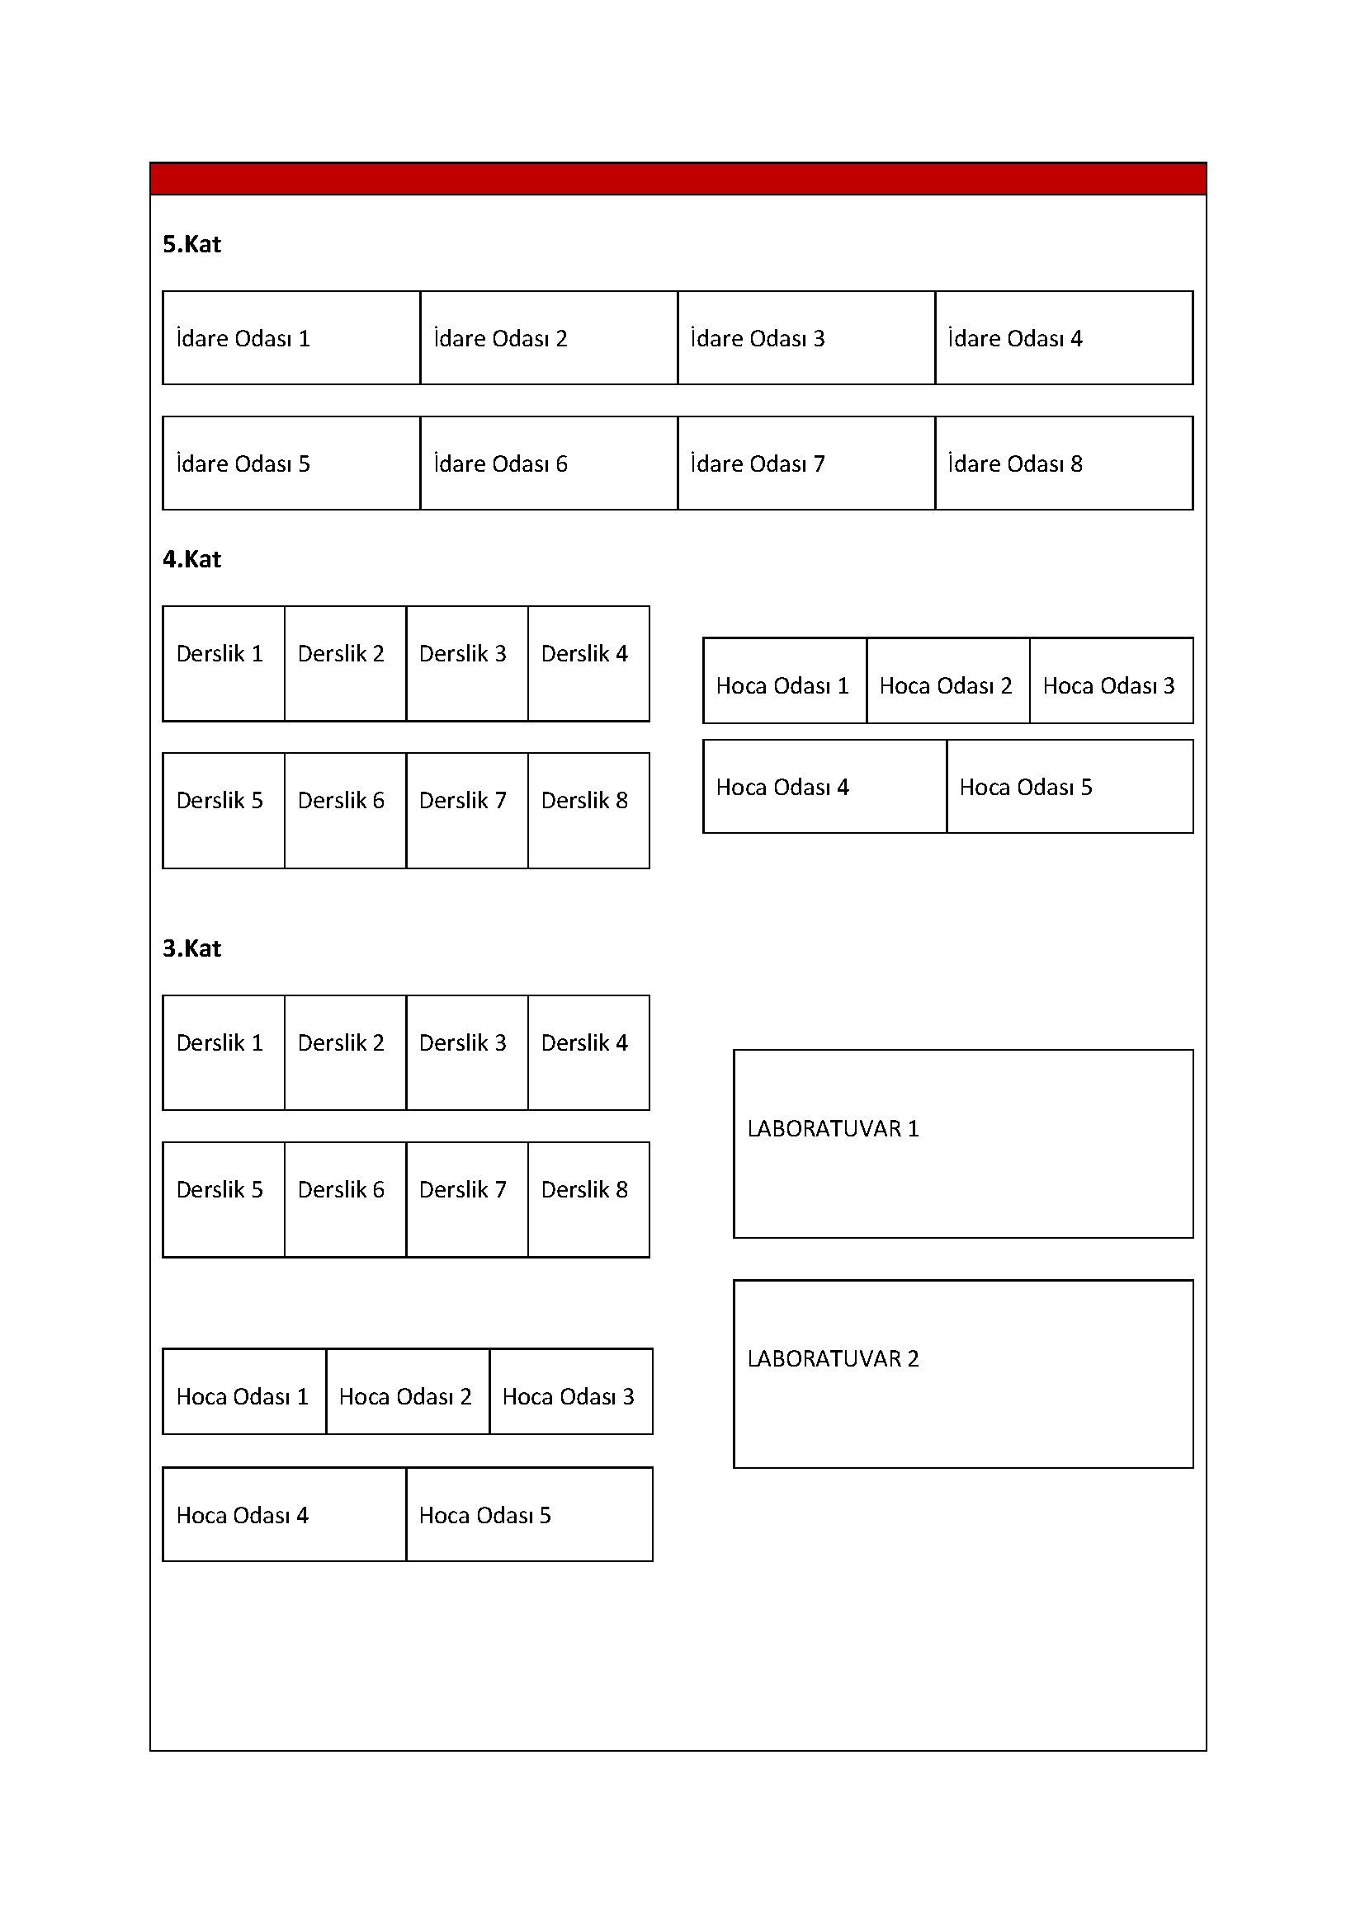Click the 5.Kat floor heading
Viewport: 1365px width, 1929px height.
pyautogui.click(x=191, y=244)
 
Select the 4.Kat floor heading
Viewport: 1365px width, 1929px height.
pyautogui.click(x=191, y=559)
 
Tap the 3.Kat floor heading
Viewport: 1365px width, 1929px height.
pyautogui.click(x=191, y=948)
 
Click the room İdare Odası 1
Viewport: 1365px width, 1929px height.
pyautogui.click(x=243, y=339)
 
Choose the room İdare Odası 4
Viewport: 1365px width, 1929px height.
pyautogui.click(x=1014, y=339)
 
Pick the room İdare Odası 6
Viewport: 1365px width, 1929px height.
pyautogui.click(x=500, y=463)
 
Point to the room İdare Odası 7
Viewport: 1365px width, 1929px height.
pyautogui.click(x=758, y=463)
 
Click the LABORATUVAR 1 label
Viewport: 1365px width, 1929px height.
pyautogui.click(x=833, y=1128)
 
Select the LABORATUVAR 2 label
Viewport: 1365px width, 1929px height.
pyautogui.click(x=833, y=1358)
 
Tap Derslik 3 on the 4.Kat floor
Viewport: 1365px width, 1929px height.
pyautogui.click(x=463, y=654)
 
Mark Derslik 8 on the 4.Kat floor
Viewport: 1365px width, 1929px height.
pyautogui.click(x=585, y=801)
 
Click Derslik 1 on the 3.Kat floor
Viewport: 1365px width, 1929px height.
pyautogui.click(x=220, y=1042)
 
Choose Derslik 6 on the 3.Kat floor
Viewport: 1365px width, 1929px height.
pyautogui.click(x=342, y=1190)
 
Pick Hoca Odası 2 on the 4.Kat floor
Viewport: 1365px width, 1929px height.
pyautogui.click(x=946, y=685)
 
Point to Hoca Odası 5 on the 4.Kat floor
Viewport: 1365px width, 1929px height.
pyautogui.click(x=1026, y=788)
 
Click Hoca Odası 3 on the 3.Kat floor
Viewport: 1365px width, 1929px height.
pyautogui.click(x=568, y=1396)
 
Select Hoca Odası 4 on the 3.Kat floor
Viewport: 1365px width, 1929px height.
pyautogui.click(x=242, y=1515)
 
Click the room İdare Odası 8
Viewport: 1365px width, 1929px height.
pyautogui.click(x=1014, y=463)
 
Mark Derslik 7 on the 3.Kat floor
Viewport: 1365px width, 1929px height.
pyautogui.click(x=463, y=1190)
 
